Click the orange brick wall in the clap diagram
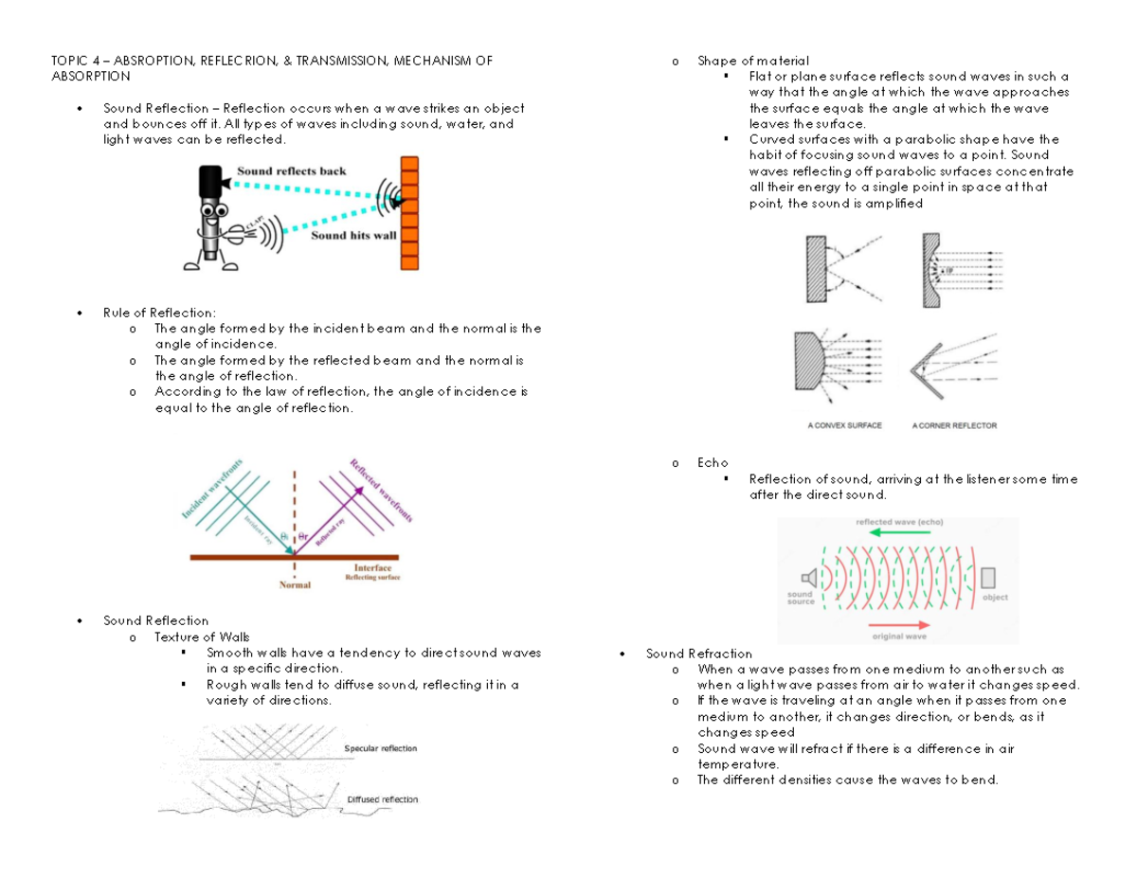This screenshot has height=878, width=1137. (x=409, y=212)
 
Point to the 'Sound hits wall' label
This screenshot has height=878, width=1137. (x=353, y=236)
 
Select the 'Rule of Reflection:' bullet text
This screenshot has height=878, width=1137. (x=159, y=313)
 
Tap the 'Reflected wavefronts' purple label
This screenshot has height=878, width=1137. (x=382, y=491)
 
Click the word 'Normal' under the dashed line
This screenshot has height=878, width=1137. (x=295, y=585)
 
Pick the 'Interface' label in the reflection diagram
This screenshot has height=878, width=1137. (x=372, y=568)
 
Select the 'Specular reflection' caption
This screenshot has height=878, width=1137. (x=380, y=748)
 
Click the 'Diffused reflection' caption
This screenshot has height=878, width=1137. (x=382, y=799)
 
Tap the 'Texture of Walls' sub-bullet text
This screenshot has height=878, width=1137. (x=203, y=636)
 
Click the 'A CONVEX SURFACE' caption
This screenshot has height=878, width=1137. (x=844, y=426)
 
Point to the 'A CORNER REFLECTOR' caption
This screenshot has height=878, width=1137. (x=954, y=426)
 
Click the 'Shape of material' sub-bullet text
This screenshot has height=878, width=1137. (x=753, y=62)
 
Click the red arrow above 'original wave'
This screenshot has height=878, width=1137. (x=898, y=624)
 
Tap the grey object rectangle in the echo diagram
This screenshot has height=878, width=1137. (x=989, y=578)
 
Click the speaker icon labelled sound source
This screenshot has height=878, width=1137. (x=808, y=578)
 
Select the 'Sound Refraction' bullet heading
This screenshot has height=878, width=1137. (x=698, y=654)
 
